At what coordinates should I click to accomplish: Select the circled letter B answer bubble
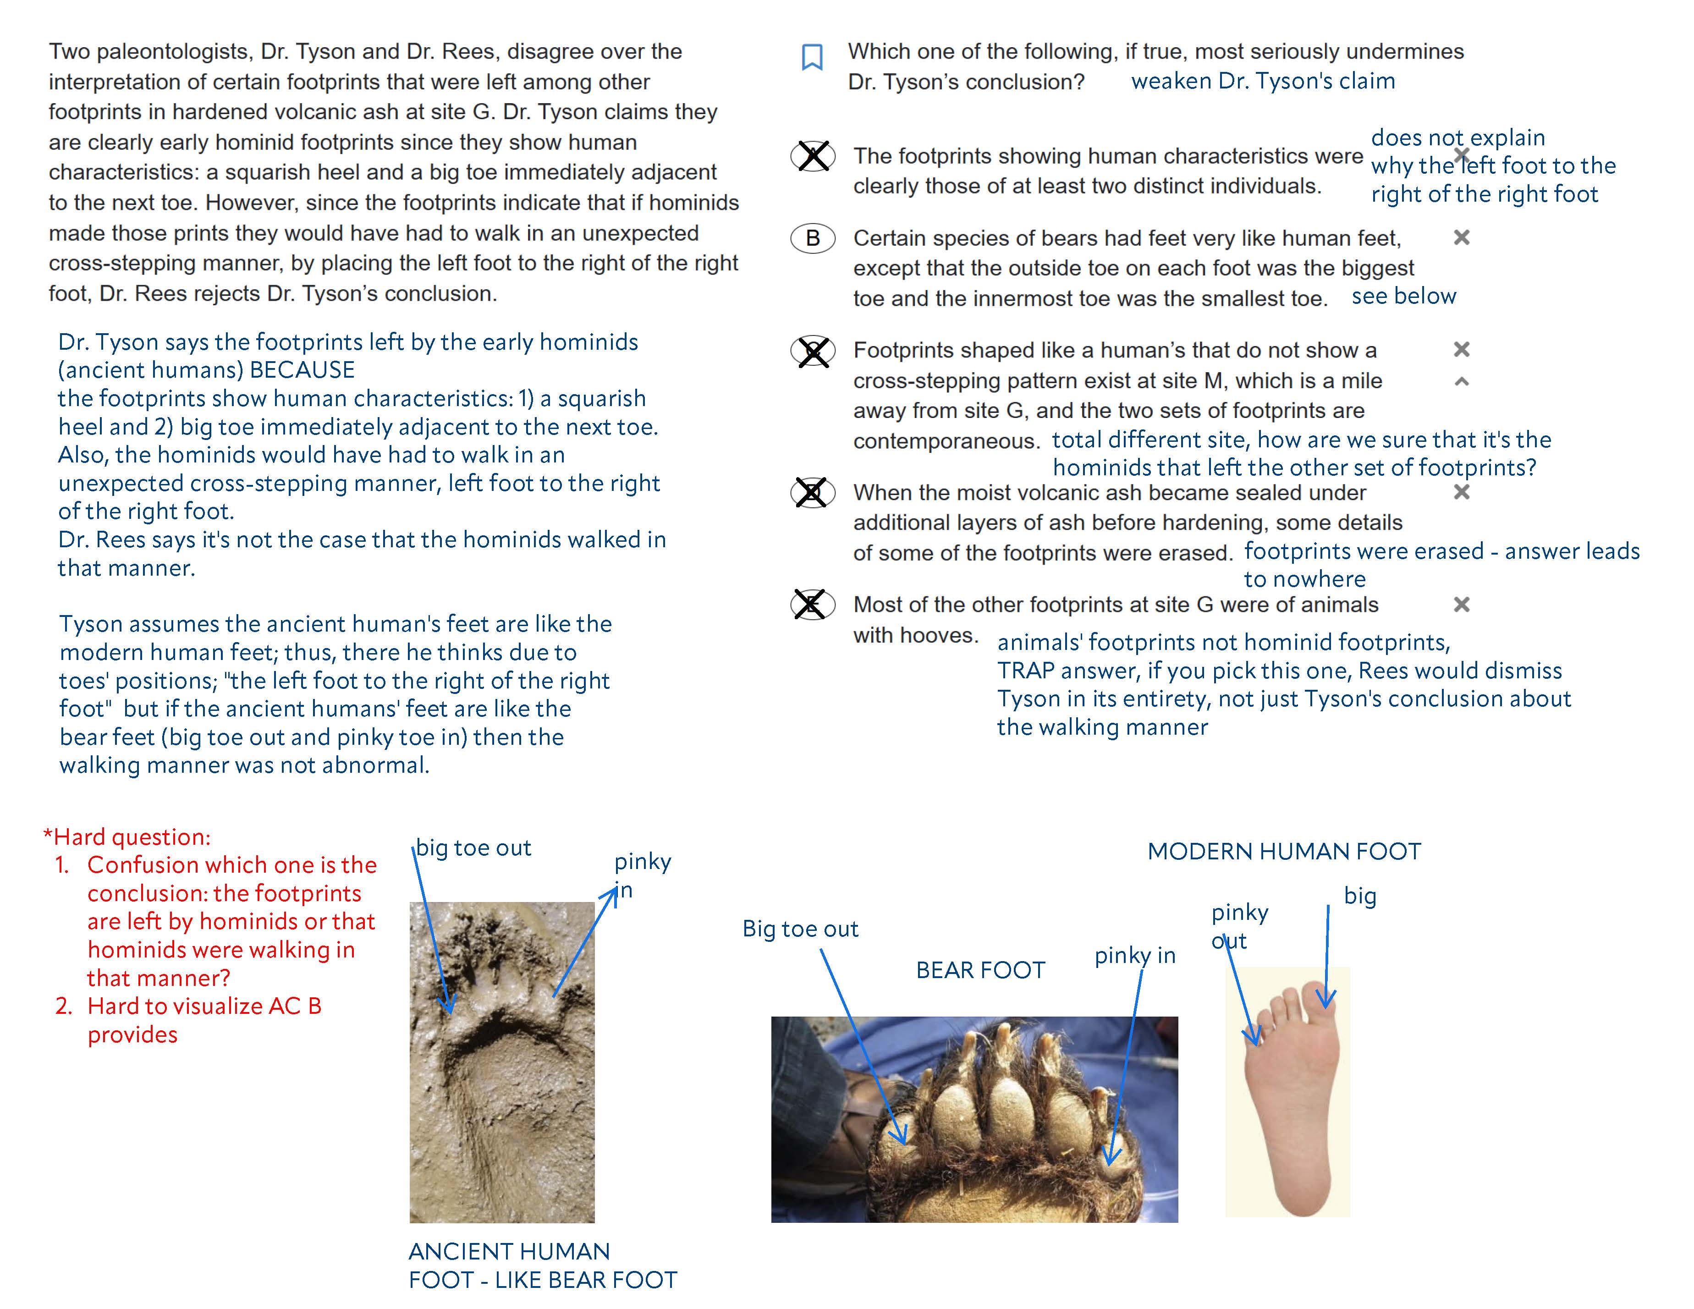(x=812, y=238)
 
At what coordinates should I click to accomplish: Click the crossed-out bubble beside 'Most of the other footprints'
(x=812, y=605)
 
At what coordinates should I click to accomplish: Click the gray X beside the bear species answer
(x=1461, y=238)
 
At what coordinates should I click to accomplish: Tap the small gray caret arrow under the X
(x=1461, y=381)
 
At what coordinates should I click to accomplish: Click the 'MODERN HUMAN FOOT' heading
(x=1284, y=852)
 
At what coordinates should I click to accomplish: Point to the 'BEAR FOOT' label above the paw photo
(x=980, y=970)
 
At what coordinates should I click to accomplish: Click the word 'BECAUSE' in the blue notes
(x=302, y=370)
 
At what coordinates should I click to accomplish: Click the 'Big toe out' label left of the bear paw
(x=800, y=929)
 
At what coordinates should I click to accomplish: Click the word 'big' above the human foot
(x=1360, y=896)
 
